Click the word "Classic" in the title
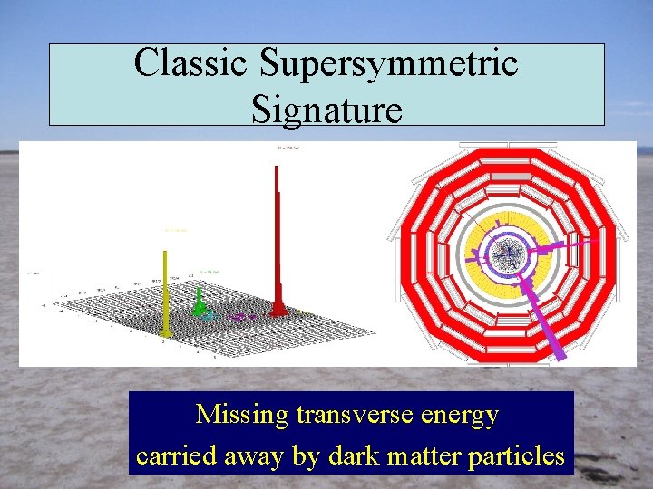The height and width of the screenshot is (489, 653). point(191,63)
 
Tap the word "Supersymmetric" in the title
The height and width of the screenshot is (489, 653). point(389,63)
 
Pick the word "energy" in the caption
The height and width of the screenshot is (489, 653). point(464,417)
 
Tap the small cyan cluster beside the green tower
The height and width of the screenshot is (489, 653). point(209,315)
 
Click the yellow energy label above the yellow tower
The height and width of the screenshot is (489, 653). point(175,231)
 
